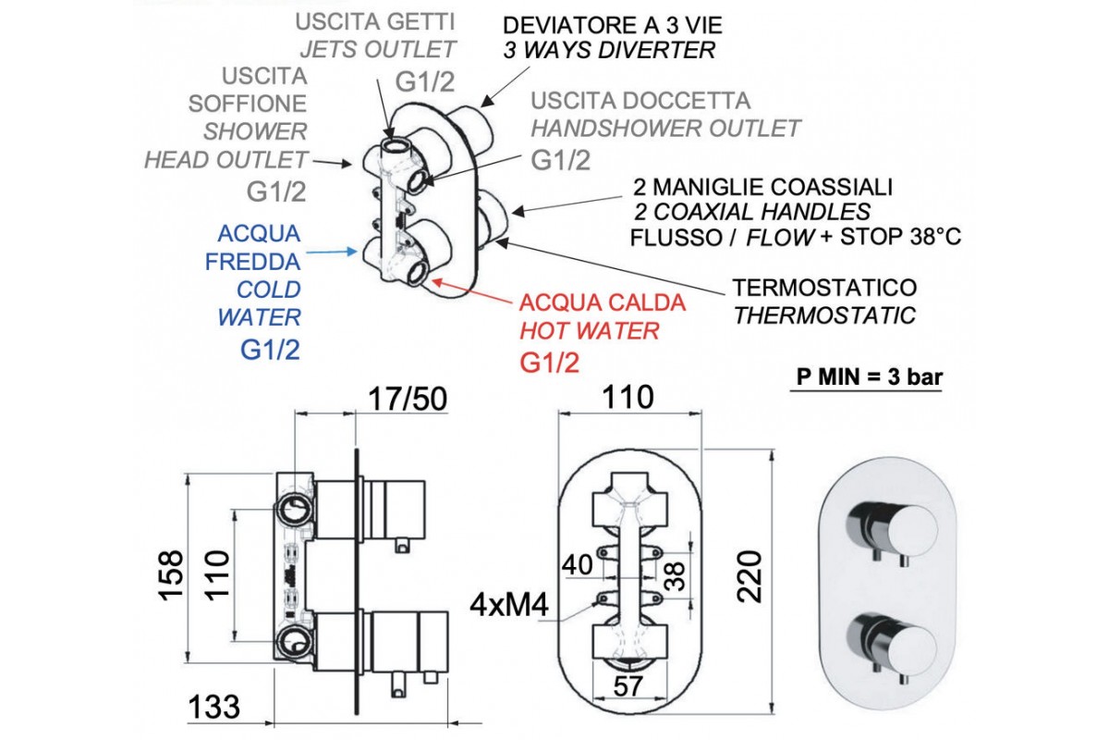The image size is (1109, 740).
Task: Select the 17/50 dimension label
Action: point(407,398)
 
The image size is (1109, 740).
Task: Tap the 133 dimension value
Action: point(214,708)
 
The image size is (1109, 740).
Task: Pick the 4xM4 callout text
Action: point(510,607)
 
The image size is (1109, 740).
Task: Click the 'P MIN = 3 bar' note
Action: point(866,377)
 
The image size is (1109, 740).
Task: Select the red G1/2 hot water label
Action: point(550,362)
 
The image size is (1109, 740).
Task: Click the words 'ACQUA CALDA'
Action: point(603,302)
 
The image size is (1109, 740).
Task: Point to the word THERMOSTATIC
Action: point(824,316)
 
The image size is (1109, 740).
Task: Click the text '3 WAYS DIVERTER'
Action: point(609,50)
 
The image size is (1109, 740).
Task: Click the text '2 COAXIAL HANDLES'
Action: point(752,211)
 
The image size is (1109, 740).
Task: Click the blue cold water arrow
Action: point(331,251)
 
